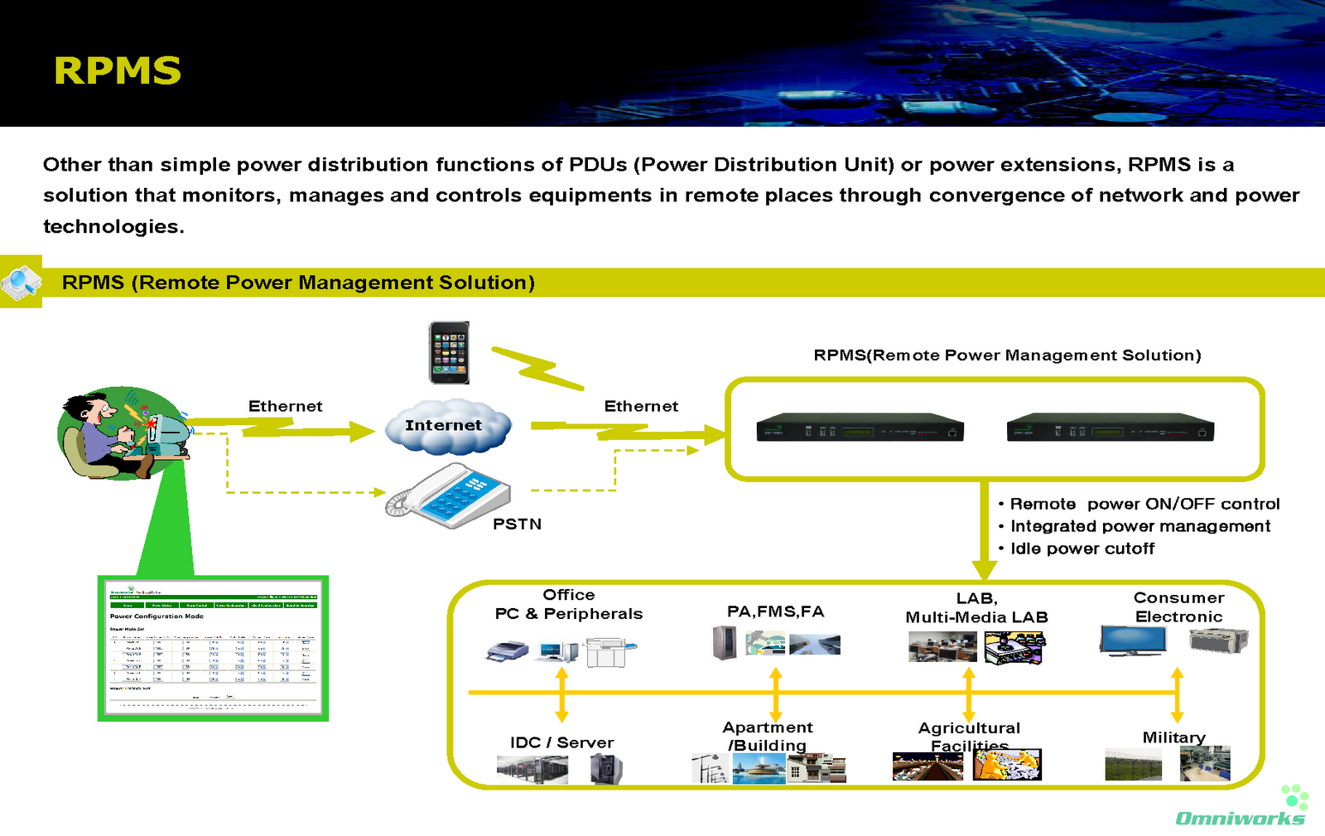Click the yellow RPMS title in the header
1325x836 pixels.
117,71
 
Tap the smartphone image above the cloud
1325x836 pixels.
449,353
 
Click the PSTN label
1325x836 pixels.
517,524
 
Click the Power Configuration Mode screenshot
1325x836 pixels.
213,649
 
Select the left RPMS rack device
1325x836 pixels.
860,428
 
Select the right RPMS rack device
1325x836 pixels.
1110,428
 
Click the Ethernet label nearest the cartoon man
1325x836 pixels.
285,406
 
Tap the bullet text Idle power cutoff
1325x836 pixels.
1082,548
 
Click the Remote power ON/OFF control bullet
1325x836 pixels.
1144,504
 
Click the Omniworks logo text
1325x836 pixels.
1240,819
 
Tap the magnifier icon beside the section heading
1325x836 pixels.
21,282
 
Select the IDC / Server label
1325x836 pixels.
561,742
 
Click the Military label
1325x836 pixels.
1173,737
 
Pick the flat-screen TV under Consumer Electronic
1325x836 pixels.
1133,640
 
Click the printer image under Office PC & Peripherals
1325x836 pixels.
507,650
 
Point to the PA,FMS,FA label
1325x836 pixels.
775,611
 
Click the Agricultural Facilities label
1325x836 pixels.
969,737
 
